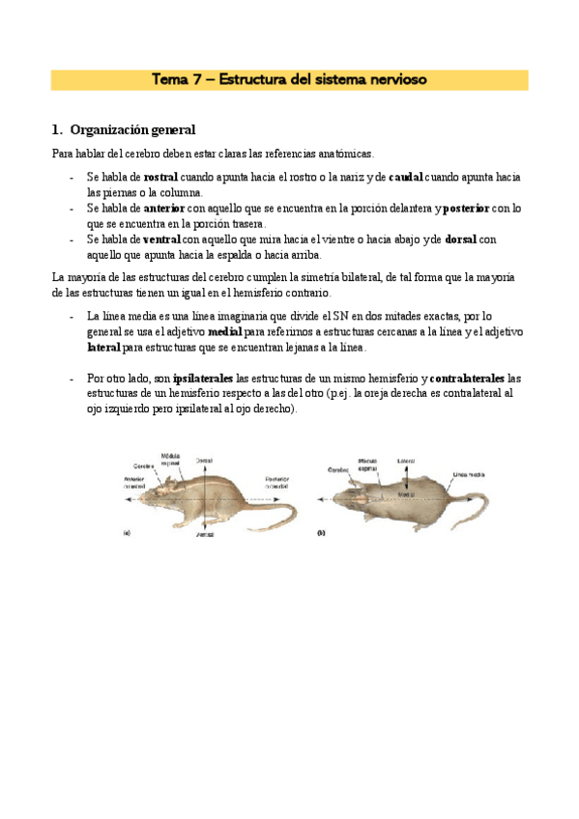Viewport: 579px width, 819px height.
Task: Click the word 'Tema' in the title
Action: pos(170,79)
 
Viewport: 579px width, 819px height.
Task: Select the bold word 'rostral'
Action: pos(165,178)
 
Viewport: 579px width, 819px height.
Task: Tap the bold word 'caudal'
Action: pos(407,178)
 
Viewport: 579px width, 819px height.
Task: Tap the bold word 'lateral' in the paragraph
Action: pos(103,347)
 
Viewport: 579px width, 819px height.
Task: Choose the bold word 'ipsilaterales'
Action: pos(203,378)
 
